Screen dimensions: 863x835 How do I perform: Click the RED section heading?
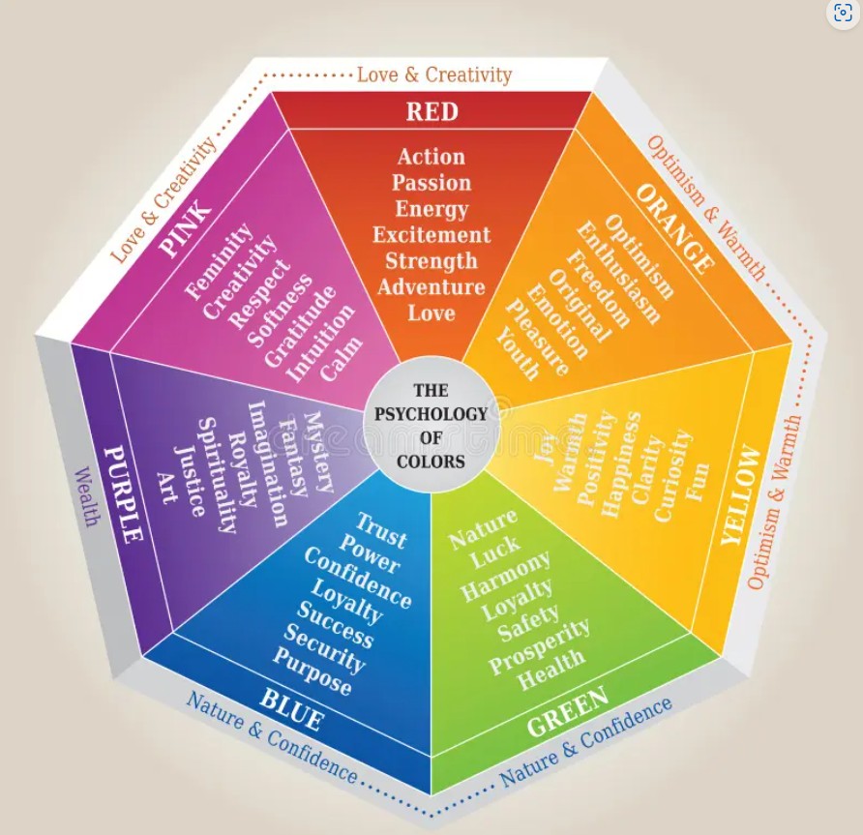432,111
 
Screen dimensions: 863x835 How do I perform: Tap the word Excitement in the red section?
431,235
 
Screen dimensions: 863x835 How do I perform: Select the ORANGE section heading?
675,229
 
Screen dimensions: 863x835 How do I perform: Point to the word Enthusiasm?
617,273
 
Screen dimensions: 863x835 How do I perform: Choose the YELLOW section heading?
741,495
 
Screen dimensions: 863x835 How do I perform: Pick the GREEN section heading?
568,711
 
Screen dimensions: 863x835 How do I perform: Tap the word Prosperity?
540,646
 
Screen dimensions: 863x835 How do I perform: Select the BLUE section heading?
290,710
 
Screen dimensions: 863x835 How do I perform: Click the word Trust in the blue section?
381,530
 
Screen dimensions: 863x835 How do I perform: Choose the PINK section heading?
185,228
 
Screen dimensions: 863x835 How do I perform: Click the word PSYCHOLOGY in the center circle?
431,414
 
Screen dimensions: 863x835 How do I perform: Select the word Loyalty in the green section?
517,599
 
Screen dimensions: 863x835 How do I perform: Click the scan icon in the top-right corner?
844,13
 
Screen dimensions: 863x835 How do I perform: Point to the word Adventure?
431,286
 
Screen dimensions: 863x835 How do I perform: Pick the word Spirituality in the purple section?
217,476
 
